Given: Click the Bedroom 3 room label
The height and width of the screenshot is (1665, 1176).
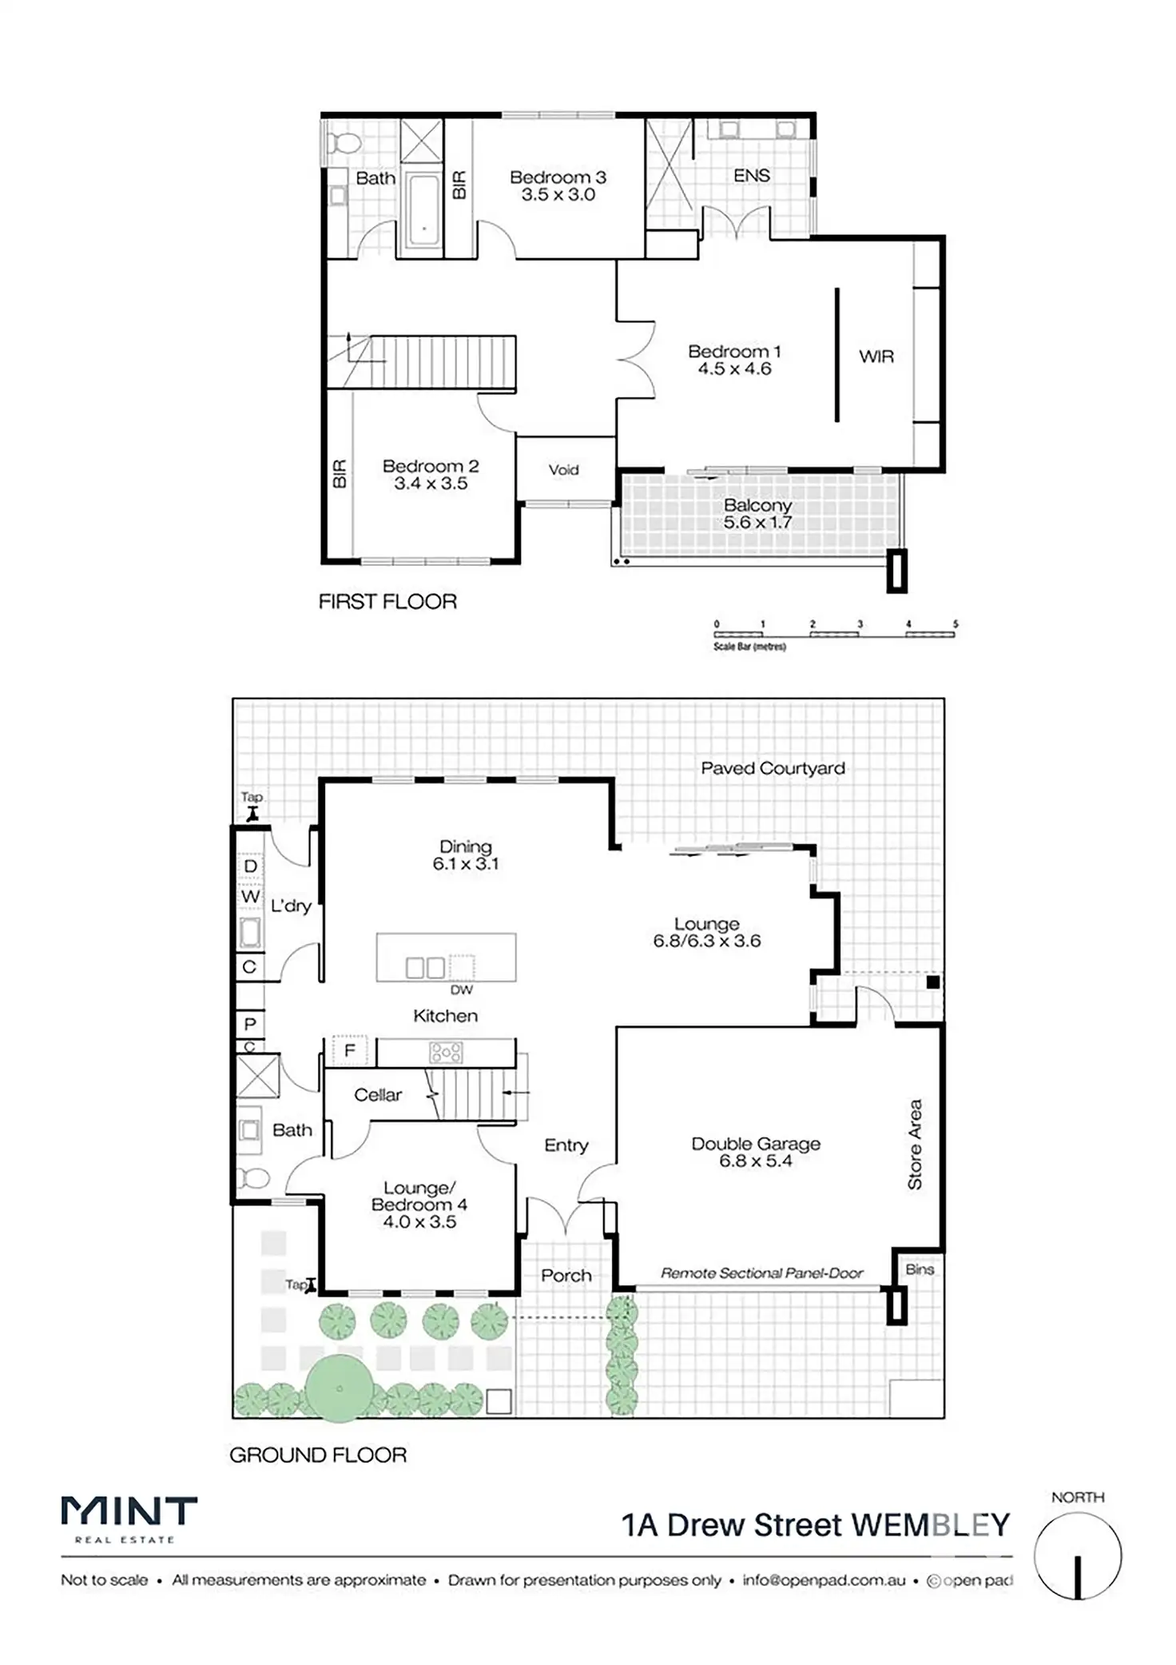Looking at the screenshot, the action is (558, 185).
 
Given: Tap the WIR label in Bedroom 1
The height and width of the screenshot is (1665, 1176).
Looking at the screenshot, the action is (876, 357).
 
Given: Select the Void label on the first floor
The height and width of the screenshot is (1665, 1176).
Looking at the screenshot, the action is (563, 470).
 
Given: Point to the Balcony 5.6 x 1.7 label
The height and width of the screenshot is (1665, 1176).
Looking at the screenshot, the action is (757, 514).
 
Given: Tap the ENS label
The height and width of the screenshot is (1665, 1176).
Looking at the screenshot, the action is (752, 176).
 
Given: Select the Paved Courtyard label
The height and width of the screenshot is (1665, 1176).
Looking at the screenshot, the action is (773, 768).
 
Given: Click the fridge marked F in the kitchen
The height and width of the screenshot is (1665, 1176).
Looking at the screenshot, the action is (349, 1051).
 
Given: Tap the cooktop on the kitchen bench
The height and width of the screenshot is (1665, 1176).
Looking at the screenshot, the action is (446, 1052).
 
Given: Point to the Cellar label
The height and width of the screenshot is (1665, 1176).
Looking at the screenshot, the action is (378, 1095).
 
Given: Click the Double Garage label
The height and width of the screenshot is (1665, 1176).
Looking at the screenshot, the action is (756, 1152).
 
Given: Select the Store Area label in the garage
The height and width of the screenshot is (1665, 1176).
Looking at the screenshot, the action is (915, 1144).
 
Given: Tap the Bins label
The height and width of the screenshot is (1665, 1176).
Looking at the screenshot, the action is (920, 1269).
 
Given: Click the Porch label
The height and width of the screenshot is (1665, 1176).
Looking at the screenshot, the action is (566, 1276).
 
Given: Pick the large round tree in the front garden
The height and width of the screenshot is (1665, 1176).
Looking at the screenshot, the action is (340, 1389).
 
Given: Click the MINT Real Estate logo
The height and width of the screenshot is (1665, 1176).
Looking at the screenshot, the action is (129, 1519).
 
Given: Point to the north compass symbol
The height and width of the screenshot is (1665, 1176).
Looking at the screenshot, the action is (1078, 1556).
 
